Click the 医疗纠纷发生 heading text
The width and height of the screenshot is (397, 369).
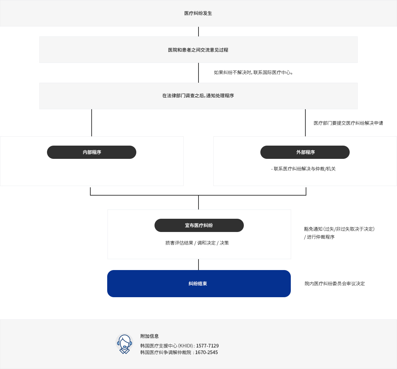[198, 13]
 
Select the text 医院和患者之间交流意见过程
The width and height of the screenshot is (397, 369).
[198, 50]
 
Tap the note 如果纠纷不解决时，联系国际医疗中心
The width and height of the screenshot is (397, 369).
[253, 72]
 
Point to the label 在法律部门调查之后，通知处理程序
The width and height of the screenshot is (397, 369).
[198, 96]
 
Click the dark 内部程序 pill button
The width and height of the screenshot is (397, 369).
[92, 152]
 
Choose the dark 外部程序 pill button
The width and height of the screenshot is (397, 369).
[305, 152]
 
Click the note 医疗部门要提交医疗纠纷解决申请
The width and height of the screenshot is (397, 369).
[348, 123]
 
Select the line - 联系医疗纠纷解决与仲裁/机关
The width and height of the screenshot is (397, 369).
[303, 169]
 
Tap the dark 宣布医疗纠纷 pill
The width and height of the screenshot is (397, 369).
[199, 225]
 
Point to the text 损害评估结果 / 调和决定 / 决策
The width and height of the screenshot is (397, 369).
[197, 243]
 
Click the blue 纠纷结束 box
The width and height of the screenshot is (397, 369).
[199, 284]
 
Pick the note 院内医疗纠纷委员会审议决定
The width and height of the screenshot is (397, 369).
[334, 284]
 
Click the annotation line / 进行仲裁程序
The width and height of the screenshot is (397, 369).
[319, 237]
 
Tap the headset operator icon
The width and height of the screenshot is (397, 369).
[124, 344]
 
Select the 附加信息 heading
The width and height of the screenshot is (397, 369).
[149, 336]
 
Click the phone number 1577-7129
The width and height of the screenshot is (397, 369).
[207, 346]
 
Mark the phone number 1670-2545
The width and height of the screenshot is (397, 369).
[206, 352]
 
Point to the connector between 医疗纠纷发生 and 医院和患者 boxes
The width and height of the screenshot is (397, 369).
[198, 31]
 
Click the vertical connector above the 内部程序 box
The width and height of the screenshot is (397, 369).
[92, 123]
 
